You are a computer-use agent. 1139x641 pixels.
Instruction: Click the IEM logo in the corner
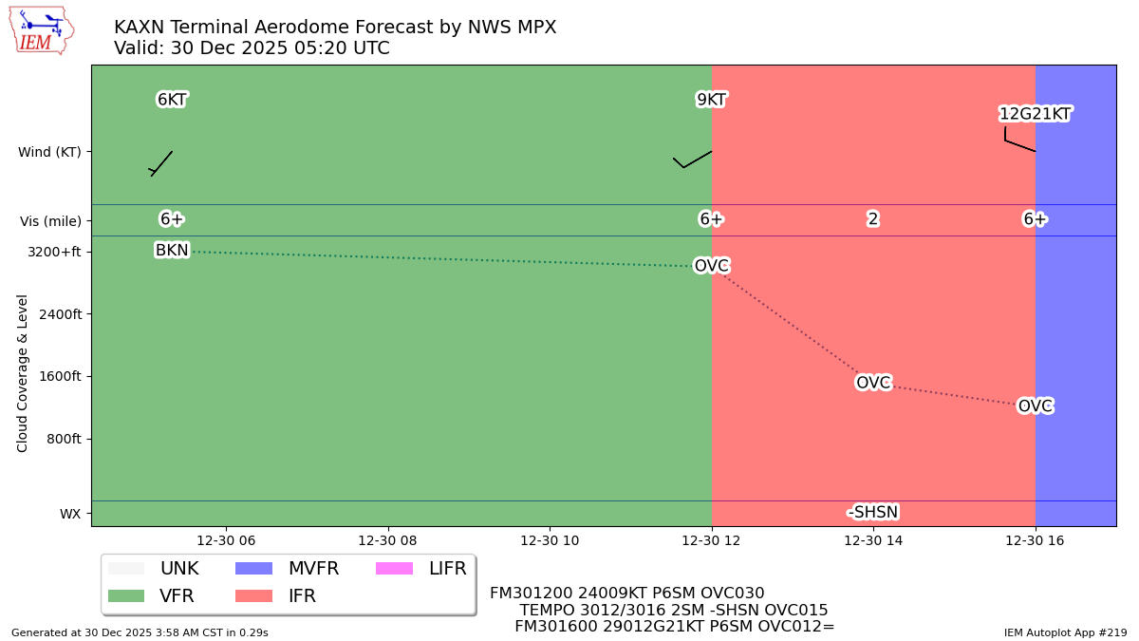coord(41,29)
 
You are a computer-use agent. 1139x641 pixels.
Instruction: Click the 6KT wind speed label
coord(172,100)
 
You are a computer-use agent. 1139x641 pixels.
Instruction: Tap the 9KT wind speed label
coord(711,100)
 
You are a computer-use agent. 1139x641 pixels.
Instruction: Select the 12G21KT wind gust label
coord(1035,114)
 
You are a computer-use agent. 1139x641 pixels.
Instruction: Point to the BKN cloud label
coord(172,250)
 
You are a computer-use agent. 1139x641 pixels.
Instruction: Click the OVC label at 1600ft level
coord(873,383)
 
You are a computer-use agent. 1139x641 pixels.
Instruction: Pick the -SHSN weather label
coord(873,513)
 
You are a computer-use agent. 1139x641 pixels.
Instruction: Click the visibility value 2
coord(873,219)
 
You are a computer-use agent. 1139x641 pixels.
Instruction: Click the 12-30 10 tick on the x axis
coord(550,540)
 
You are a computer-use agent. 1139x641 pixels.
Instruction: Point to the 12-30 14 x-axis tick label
coord(873,540)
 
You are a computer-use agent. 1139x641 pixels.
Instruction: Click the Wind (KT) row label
coord(49,152)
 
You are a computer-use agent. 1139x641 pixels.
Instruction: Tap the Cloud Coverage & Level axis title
coord(23,372)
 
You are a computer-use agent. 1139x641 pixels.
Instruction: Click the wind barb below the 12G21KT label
coord(1018,143)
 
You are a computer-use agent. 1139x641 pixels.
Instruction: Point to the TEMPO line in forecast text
coord(673,611)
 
